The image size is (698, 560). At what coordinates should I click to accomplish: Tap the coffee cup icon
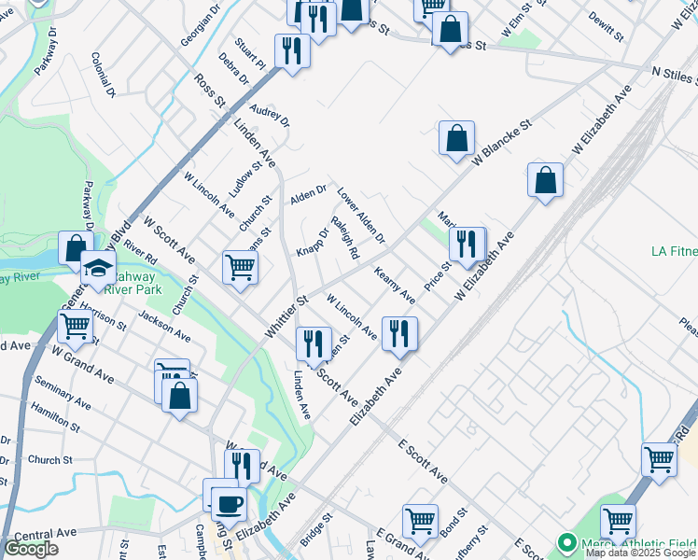[x=229, y=504]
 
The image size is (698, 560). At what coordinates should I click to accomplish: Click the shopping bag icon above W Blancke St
[x=457, y=139]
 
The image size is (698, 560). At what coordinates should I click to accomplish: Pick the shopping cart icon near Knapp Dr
[x=240, y=267]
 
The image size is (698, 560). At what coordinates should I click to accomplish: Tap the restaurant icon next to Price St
[x=466, y=244]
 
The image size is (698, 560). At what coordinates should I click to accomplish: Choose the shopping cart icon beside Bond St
[x=420, y=521]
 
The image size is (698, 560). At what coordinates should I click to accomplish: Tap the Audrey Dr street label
[x=271, y=115]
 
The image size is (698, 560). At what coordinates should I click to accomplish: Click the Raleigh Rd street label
[x=345, y=238]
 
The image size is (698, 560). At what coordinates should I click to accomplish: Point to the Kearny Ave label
[x=395, y=286]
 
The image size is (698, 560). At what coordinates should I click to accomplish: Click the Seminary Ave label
[x=62, y=393]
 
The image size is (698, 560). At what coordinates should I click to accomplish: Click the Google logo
[x=31, y=549]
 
